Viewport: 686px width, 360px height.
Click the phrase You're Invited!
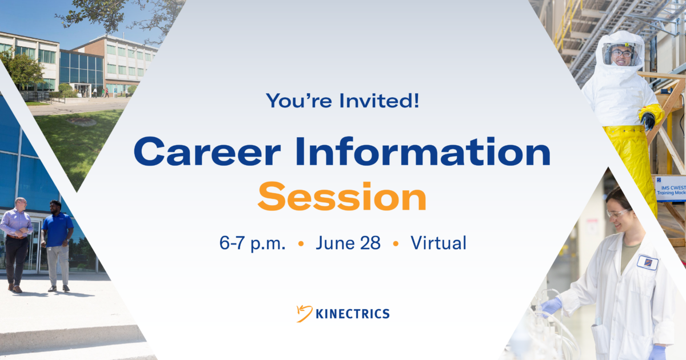[342, 101]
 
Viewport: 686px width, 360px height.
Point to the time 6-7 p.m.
[252, 243]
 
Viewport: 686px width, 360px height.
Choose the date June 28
[348, 243]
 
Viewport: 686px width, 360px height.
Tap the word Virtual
[438, 243]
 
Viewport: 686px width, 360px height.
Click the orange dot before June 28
[301, 244]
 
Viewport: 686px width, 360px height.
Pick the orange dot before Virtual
[396, 244]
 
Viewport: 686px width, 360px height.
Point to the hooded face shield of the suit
[621, 55]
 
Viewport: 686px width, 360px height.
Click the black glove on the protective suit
[648, 120]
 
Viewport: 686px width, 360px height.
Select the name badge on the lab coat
[647, 262]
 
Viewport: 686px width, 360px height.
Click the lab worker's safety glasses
[616, 213]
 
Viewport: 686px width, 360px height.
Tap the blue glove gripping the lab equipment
[551, 306]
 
